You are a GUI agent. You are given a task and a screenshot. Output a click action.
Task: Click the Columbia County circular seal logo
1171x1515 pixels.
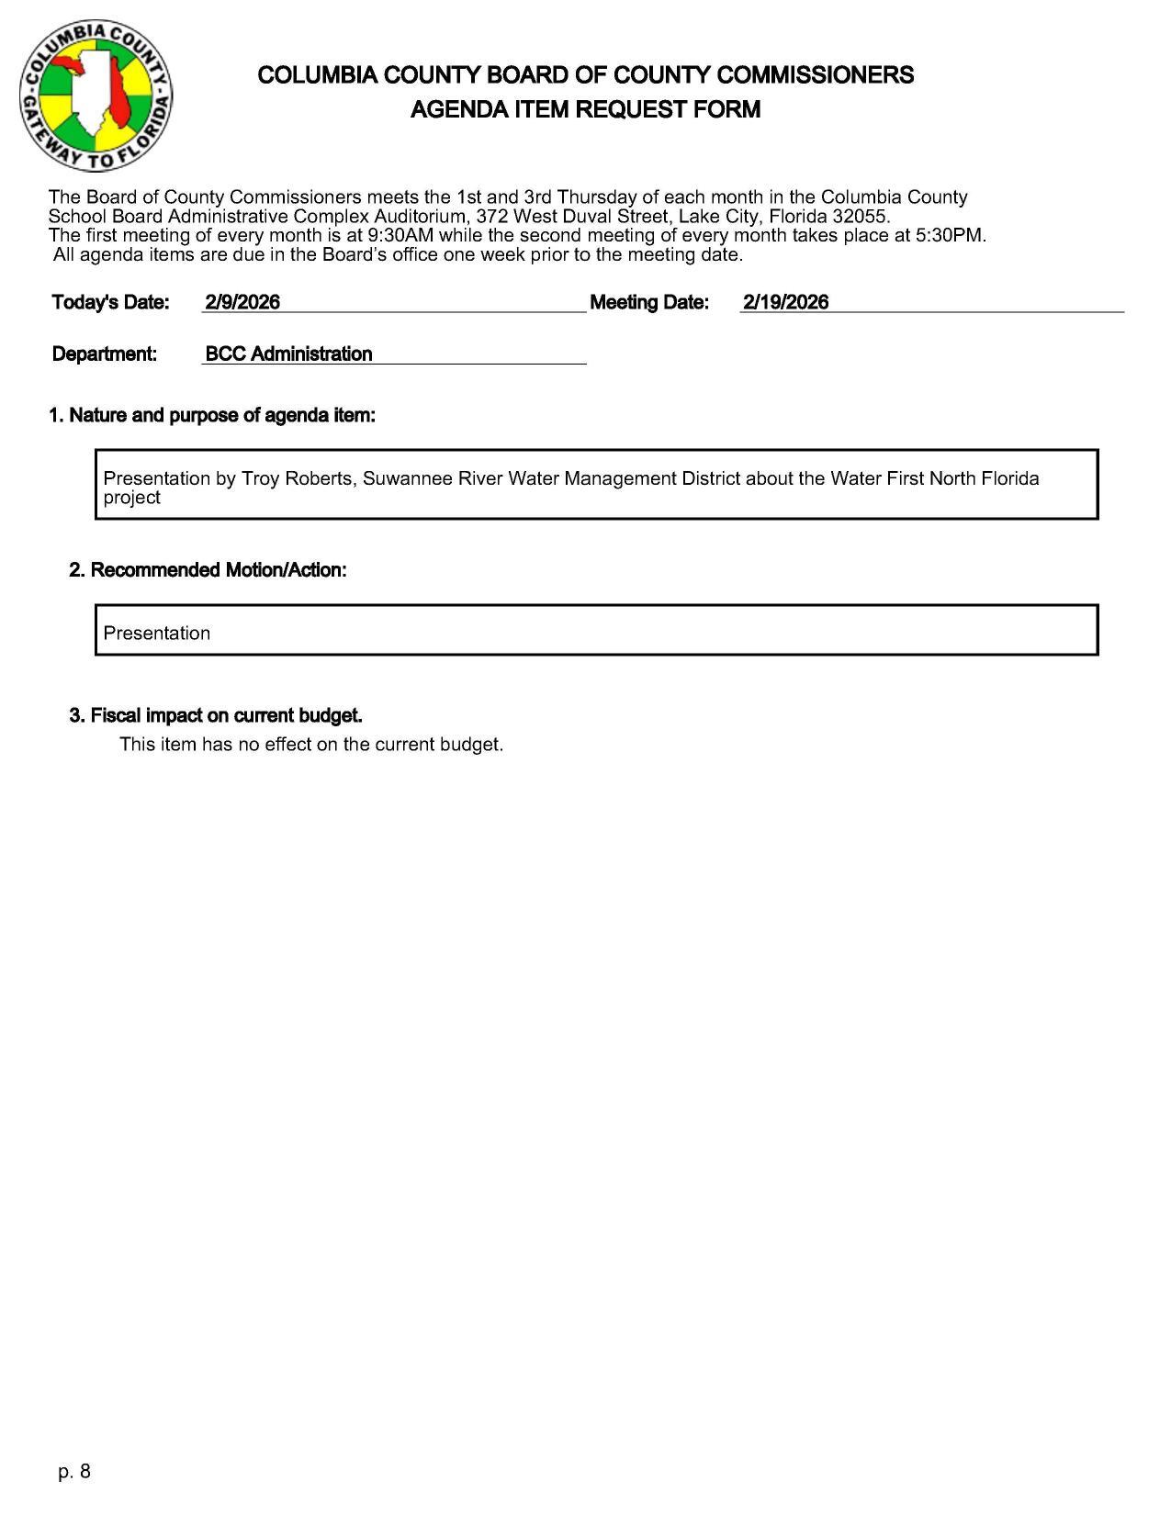pyautogui.click(x=96, y=95)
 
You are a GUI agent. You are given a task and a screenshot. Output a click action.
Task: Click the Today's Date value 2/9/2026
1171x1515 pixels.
pyautogui.click(x=242, y=302)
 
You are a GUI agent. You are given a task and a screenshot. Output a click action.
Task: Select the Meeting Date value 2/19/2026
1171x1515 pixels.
pyautogui.click(x=785, y=302)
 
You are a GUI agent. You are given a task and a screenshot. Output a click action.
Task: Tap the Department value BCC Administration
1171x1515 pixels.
pyautogui.click(x=288, y=354)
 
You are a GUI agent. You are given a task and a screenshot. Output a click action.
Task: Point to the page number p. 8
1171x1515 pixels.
pyautogui.click(x=74, y=1472)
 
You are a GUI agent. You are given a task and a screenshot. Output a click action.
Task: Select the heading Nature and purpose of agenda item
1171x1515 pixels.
pyautogui.click(x=212, y=416)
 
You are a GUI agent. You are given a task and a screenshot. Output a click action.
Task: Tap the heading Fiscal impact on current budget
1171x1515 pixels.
pyautogui.click(x=216, y=715)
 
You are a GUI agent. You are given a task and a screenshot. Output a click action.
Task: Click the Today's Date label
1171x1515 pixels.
pyautogui.click(x=111, y=302)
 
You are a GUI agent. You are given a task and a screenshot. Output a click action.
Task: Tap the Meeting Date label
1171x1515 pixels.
pyautogui.click(x=649, y=302)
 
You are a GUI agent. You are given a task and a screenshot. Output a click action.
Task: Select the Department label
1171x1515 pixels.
pyautogui.click(x=105, y=354)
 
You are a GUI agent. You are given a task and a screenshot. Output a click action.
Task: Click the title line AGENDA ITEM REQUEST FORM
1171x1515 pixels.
pyautogui.click(x=585, y=110)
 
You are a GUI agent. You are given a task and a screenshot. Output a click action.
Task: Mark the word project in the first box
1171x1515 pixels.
pyautogui.click(x=131, y=498)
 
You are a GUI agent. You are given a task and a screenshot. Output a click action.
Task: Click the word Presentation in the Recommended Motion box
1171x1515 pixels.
pyautogui.click(x=157, y=634)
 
